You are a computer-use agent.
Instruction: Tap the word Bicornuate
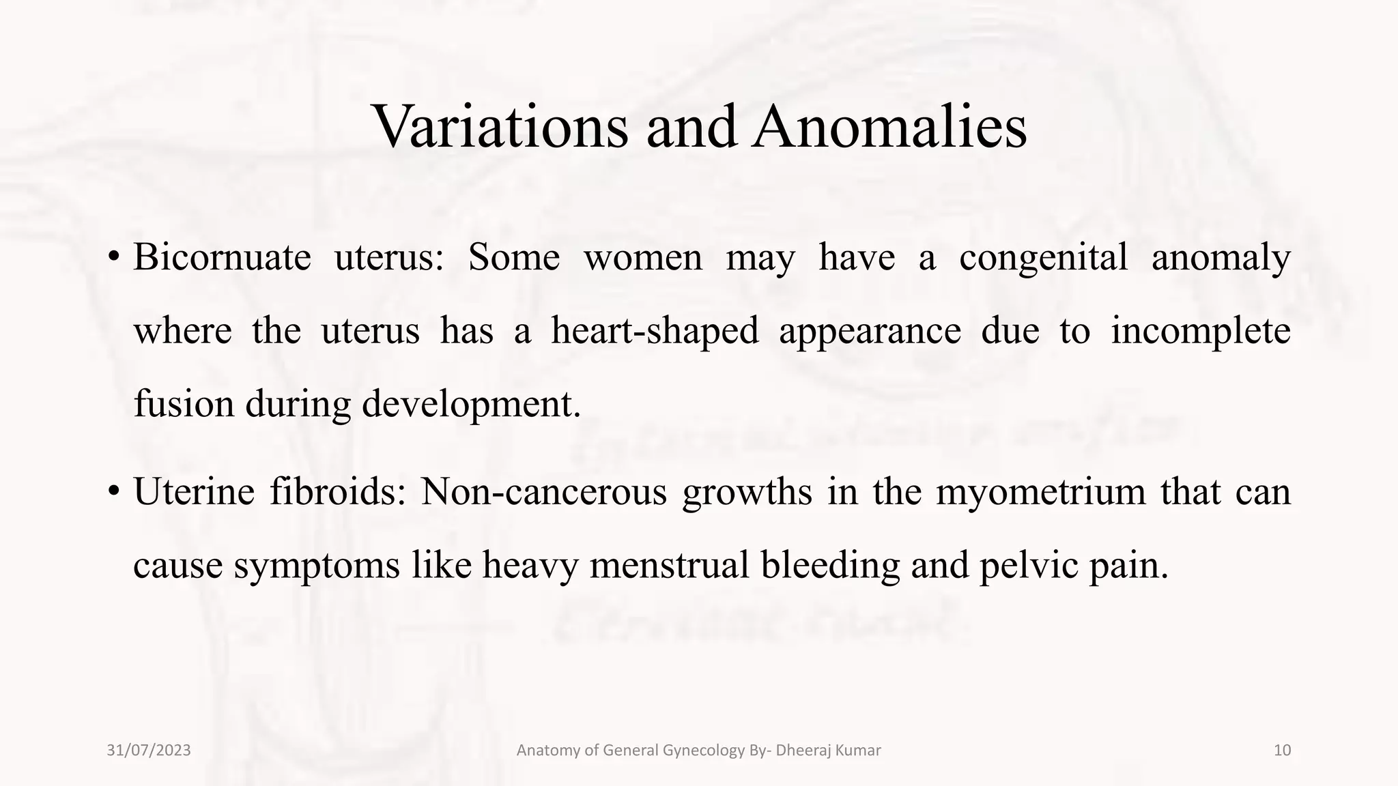(222, 257)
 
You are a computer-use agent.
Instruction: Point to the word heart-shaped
(655, 331)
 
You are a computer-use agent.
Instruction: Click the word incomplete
(1200, 331)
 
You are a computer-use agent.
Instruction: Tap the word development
(471, 403)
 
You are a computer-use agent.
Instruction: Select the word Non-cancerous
(543, 491)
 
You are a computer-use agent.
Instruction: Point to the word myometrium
(1040, 491)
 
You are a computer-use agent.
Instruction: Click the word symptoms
(316, 565)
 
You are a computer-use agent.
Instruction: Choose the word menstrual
(669, 565)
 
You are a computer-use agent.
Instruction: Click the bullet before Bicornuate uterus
(114, 259)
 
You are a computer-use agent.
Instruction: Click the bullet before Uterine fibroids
(114, 493)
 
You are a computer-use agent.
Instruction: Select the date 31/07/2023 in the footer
(149, 751)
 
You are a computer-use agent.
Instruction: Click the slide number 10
(1282, 751)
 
